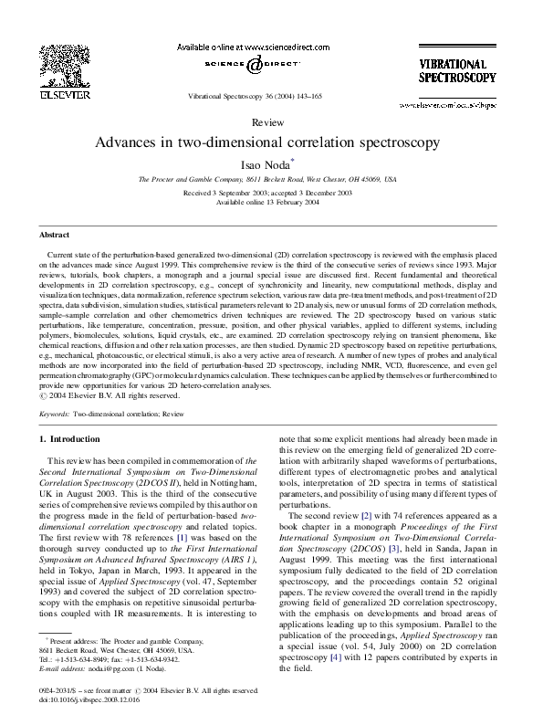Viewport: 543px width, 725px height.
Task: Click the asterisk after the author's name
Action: point(293,161)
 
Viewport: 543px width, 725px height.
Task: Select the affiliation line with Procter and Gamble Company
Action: point(267,180)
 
